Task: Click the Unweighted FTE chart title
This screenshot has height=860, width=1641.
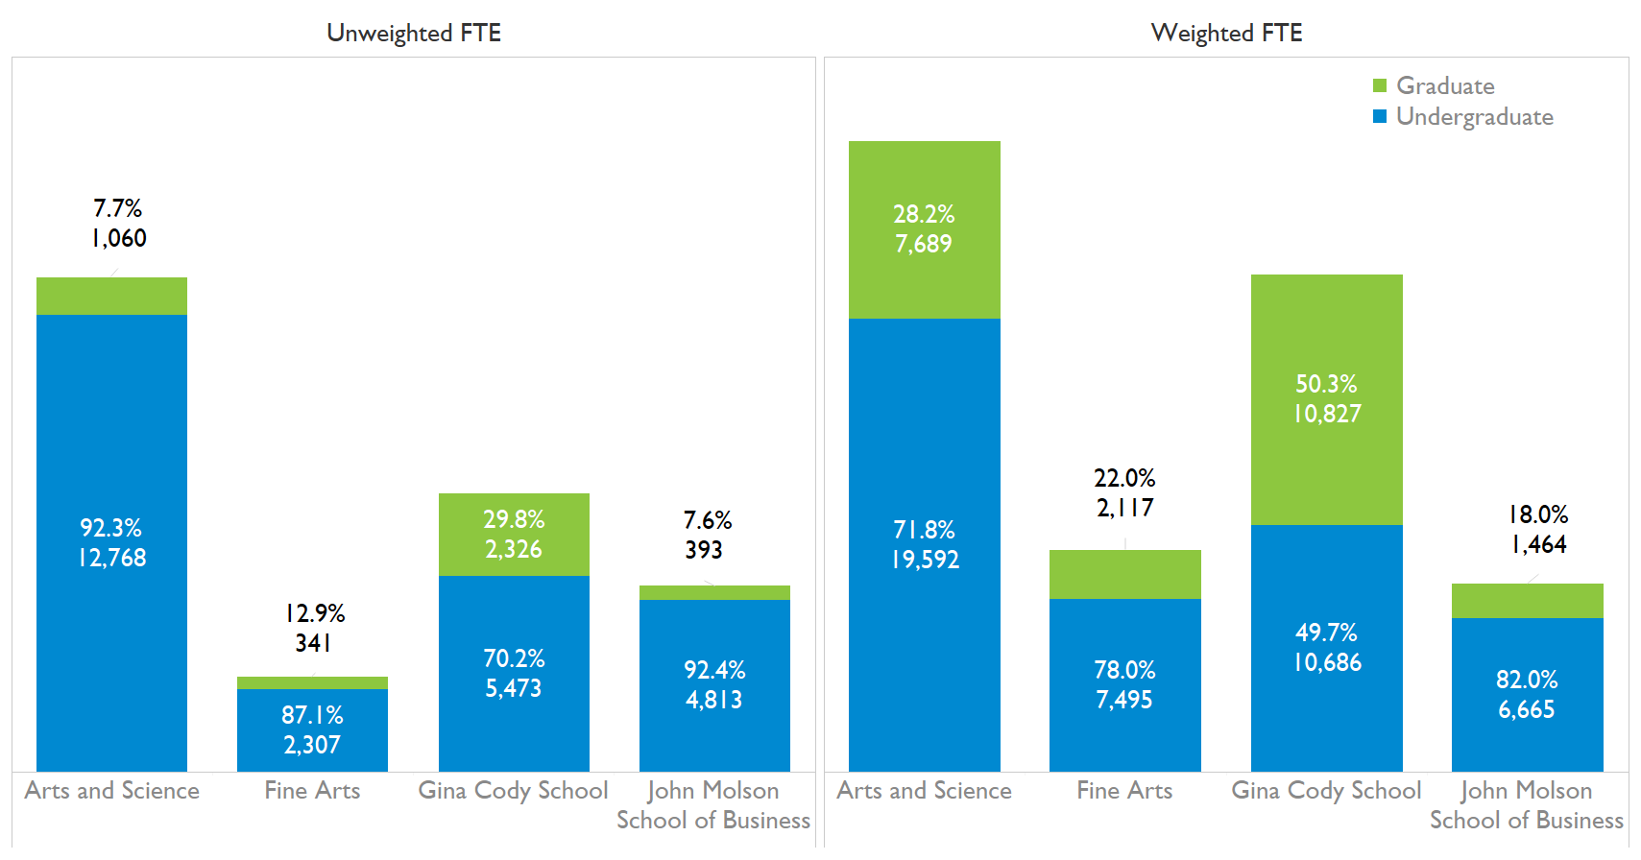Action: (x=414, y=33)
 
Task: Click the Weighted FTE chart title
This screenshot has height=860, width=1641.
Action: (x=1226, y=33)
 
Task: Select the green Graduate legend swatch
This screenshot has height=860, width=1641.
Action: (x=1380, y=85)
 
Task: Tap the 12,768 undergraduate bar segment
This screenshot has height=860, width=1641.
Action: (x=111, y=542)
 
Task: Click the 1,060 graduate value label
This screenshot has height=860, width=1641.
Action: (x=119, y=238)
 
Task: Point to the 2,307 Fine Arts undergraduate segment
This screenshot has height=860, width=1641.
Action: (x=312, y=730)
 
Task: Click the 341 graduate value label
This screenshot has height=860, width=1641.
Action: (x=313, y=643)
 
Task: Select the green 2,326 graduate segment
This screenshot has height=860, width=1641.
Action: (x=514, y=535)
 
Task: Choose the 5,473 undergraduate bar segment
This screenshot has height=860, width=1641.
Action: (x=514, y=674)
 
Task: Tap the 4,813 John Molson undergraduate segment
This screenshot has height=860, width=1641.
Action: (x=714, y=685)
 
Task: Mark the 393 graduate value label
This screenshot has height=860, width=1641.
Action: (x=704, y=550)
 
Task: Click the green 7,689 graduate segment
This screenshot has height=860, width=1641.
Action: (x=924, y=229)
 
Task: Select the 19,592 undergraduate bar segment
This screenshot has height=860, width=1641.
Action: (x=924, y=544)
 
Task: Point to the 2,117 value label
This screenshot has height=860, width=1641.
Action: (x=1125, y=508)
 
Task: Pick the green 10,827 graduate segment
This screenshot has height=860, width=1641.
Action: (x=1326, y=399)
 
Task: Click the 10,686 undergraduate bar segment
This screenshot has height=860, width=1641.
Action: (x=1326, y=648)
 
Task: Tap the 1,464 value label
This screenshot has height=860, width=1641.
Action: (x=1538, y=545)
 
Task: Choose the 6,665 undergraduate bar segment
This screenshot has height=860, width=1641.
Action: (x=1527, y=695)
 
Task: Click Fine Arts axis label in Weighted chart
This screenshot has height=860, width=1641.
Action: (x=1124, y=791)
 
